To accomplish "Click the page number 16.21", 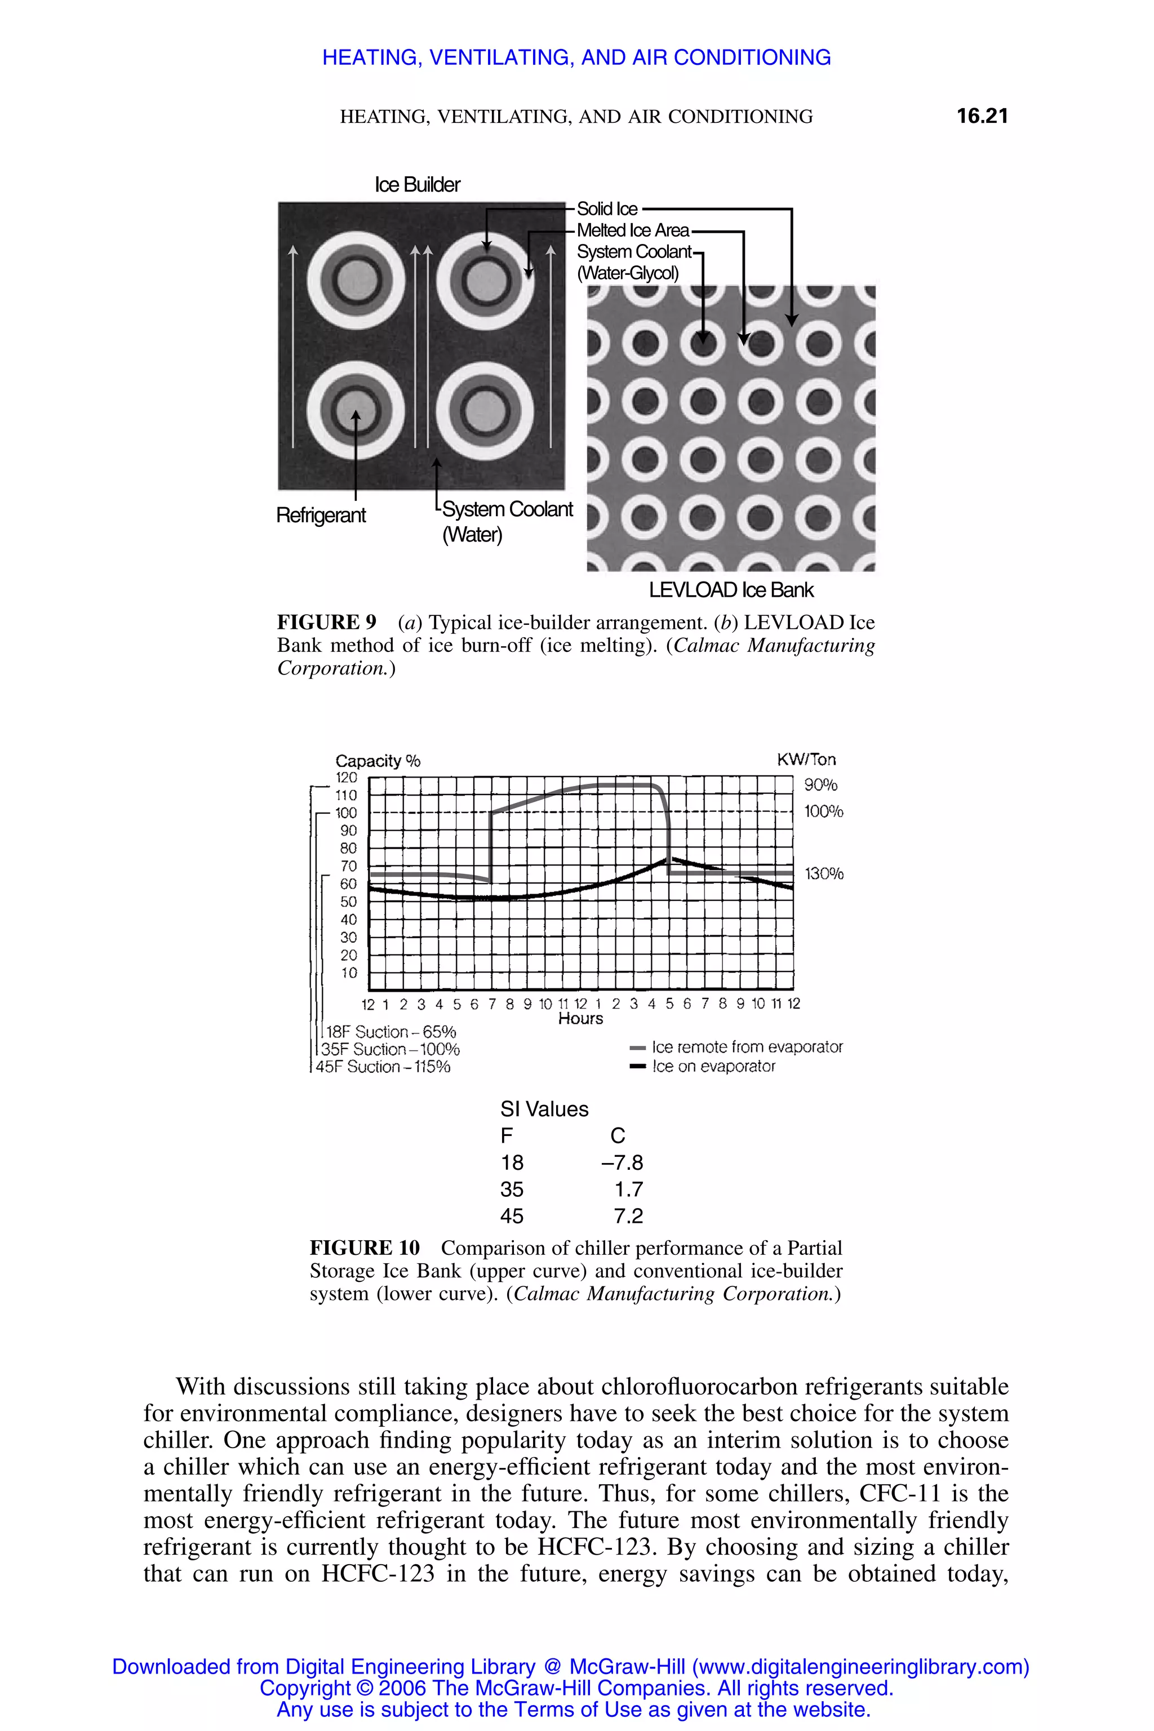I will [982, 116].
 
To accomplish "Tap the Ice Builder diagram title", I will [418, 185].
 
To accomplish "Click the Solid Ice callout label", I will [607, 209].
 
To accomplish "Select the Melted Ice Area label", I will [633, 230].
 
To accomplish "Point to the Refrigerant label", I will [321, 515].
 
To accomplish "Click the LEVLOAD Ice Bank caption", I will [731, 591].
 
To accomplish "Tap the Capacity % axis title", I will [378, 761].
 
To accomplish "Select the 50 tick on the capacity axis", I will [348, 902].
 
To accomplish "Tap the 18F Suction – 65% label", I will [391, 1032].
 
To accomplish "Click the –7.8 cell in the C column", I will [622, 1163].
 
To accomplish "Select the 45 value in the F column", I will [512, 1216].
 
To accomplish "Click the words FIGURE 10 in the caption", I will [365, 1248].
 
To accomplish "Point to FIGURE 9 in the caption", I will [326, 623].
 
